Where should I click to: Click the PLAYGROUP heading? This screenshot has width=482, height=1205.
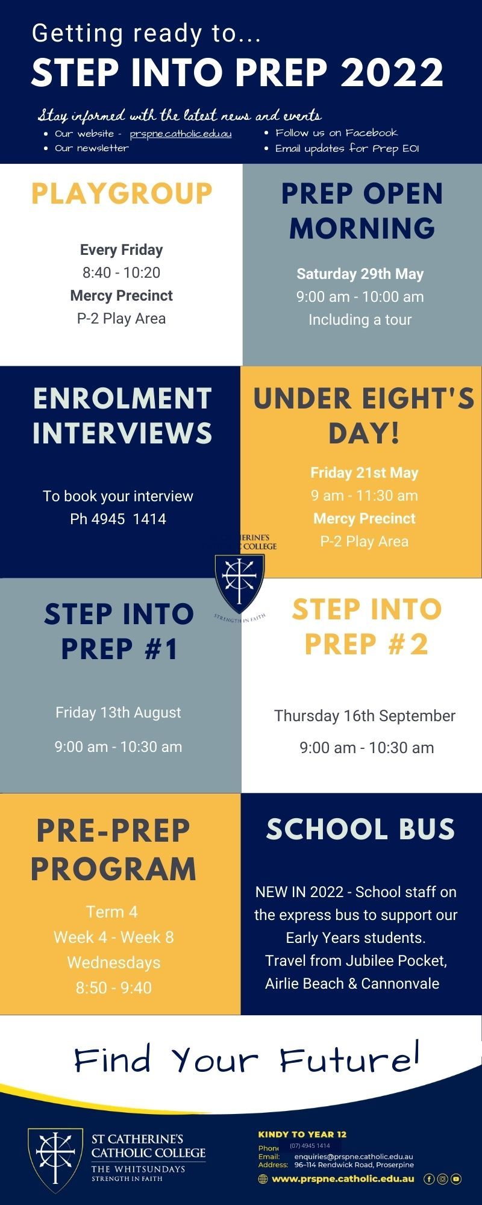click(x=122, y=194)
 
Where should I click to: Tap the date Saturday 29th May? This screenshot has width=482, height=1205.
click(x=360, y=274)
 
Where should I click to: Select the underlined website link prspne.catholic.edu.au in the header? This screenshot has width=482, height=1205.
click(x=181, y=134)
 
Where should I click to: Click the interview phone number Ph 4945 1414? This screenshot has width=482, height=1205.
click(x=118, y=519)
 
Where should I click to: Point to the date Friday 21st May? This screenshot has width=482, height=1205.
click(x=365, y=473)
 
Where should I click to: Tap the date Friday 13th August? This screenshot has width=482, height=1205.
click(x=118, y=713)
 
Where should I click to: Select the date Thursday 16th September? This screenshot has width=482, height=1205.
click(x=365, y=716)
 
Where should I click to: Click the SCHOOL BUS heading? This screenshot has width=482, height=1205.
click(x=360, y=829)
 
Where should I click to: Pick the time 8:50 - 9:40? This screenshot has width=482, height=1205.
click(x=114, y=987)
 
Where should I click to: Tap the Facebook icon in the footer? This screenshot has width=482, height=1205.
click(x=429, y=1179)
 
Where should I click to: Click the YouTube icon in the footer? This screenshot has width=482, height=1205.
click(x=456, y=1179)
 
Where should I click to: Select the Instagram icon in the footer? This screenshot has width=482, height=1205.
click(x=442, y=1179)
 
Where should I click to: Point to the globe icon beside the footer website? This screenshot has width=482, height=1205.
click(x=263, y=1179)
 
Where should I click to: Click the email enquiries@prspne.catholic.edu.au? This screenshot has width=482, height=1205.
click(x=354, y=1157)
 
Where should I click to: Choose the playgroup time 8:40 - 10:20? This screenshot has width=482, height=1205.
click(x=122, y=273)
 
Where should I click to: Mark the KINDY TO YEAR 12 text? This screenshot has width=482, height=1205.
click(x=302, y=1135)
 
